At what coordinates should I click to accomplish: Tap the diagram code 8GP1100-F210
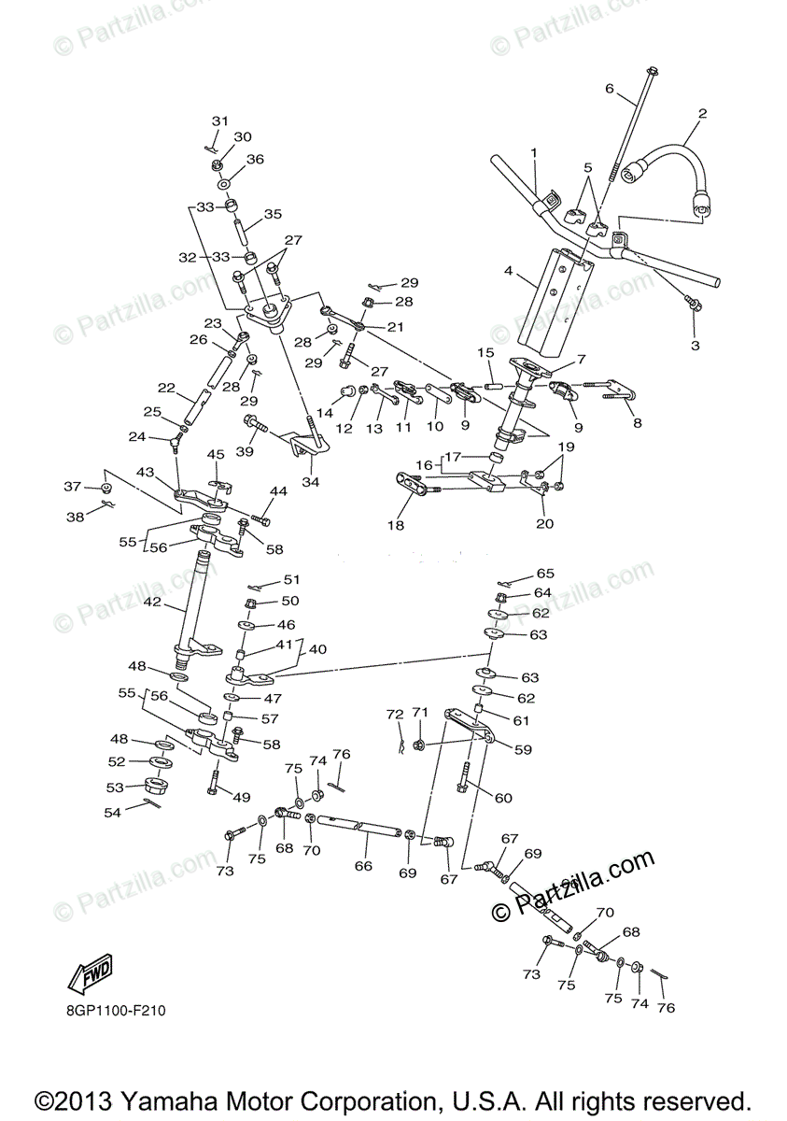[x=117, y=1011]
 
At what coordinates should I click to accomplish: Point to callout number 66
[x=363, y=866]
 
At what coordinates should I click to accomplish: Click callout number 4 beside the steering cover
[x=508, y=272]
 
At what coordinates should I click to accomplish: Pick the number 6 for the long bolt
[x=610, y=90]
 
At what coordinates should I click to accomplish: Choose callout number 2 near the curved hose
[x=702, y=114]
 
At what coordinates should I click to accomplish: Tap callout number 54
[x=113, y=814]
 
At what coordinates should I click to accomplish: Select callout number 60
[x=503, y=798]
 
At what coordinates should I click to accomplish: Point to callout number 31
[x=219, y=121]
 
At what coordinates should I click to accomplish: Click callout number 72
[x=394, y=715]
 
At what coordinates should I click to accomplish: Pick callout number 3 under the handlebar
[x=694, y=345]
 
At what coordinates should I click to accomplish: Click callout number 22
[x=166, y=388]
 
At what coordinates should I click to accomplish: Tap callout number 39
[x=245, y=451]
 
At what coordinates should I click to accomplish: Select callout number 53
[x=115, y=788]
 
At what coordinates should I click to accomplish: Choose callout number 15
[x=485, y=353]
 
